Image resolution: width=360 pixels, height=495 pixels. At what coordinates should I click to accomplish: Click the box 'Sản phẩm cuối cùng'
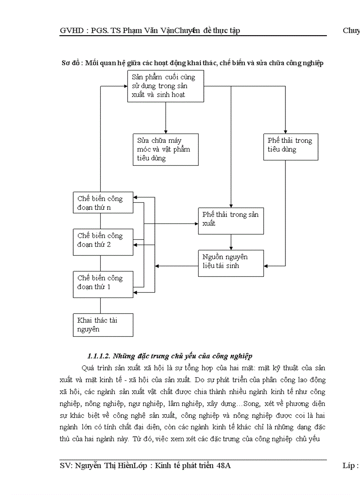165,86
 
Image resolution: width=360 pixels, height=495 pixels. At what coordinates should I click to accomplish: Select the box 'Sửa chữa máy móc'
165,149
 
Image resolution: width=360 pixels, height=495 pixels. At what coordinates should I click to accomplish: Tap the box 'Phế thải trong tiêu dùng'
290,146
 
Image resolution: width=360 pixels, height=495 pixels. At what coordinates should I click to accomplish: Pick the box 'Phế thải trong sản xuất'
231,220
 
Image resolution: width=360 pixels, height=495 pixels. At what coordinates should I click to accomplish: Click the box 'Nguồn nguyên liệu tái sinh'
231,263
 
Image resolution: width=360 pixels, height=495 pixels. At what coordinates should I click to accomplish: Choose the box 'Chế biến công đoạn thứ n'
103,202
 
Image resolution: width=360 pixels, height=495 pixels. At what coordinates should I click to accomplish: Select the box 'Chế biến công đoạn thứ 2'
103,242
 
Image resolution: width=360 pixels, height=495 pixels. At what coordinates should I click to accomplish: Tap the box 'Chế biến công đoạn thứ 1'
103,284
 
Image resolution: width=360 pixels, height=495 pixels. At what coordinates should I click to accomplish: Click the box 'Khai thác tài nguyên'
103,325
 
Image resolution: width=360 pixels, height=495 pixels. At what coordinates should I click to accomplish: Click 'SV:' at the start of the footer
66,466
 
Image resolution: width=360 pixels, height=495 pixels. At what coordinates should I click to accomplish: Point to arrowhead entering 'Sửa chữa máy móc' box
165,131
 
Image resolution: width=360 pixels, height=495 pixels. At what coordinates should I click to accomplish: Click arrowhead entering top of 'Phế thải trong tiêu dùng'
285,131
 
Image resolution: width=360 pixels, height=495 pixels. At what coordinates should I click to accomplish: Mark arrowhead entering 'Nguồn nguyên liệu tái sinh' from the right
266,266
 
